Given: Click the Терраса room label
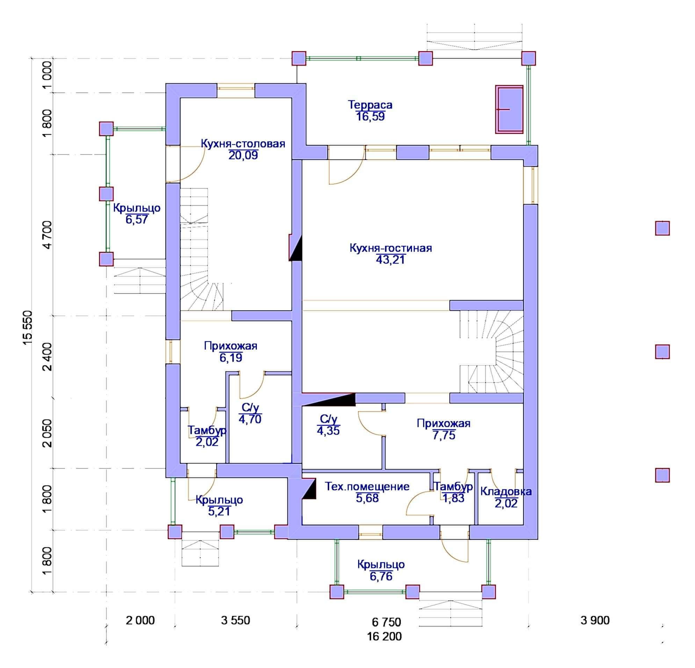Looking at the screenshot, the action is click(370, 105).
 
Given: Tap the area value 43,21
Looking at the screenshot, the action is click(390, 260).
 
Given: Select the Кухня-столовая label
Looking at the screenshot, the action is click(243, 144).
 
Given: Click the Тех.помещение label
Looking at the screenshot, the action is click(367, 486).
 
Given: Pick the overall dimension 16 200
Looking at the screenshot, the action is click(384, 637).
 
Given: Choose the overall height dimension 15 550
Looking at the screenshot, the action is click(28, 328).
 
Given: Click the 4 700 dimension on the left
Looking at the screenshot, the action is click(47, 235).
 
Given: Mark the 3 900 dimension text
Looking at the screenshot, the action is click(595, 620).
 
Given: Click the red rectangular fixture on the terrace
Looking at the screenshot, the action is click(509, 110).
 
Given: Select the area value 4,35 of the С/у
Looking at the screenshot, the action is click(328, 431).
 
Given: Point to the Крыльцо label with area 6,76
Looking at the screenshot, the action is click(381, 564).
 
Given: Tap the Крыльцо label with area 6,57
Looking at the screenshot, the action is click(137, 208).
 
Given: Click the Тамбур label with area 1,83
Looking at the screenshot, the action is click(454, 486).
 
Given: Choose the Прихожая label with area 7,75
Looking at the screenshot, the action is click(444, 423).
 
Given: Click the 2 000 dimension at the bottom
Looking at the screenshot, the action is click(140, 620).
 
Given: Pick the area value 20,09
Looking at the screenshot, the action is click(243, 155).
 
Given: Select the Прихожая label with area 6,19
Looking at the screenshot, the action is click(231, 345).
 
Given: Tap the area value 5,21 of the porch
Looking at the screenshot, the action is click(219, 511).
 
